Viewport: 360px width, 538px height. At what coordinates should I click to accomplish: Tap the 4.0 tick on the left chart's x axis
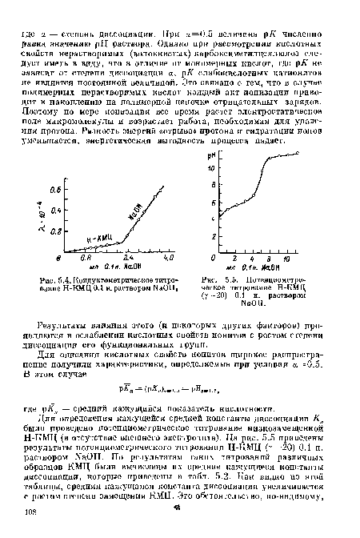[x=168, y=259]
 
